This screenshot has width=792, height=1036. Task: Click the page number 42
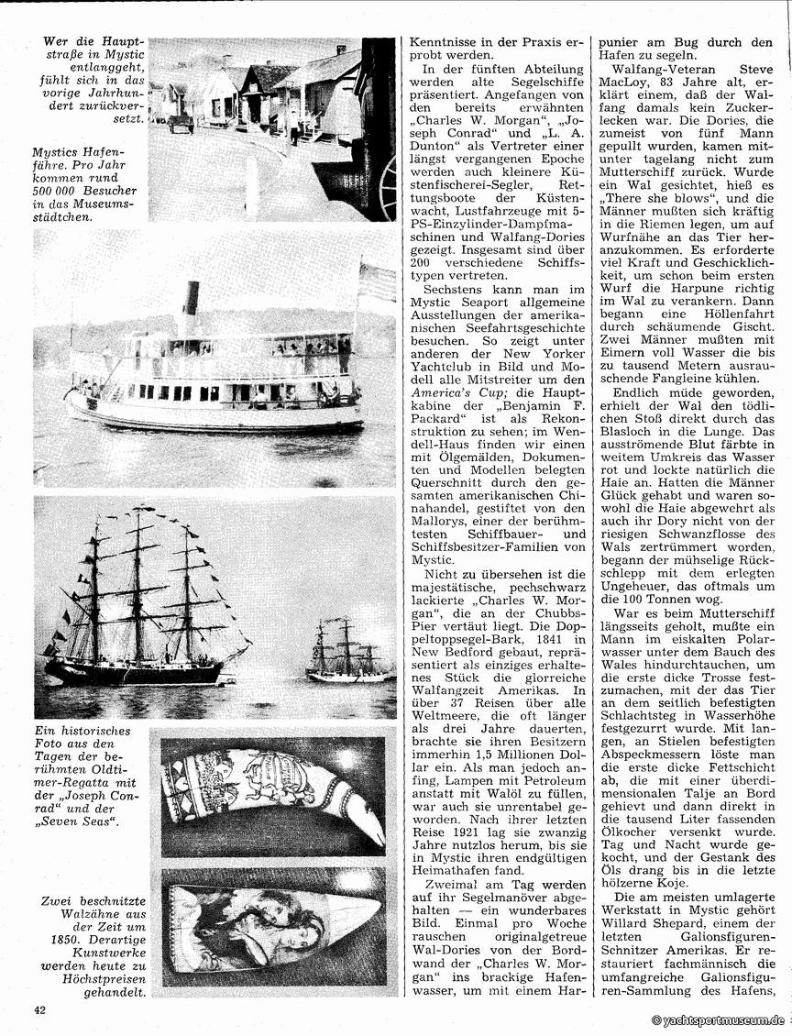[39, 1010]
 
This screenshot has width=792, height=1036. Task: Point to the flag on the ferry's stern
[376, 281]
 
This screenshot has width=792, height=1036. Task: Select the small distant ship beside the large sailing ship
[345, 652]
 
